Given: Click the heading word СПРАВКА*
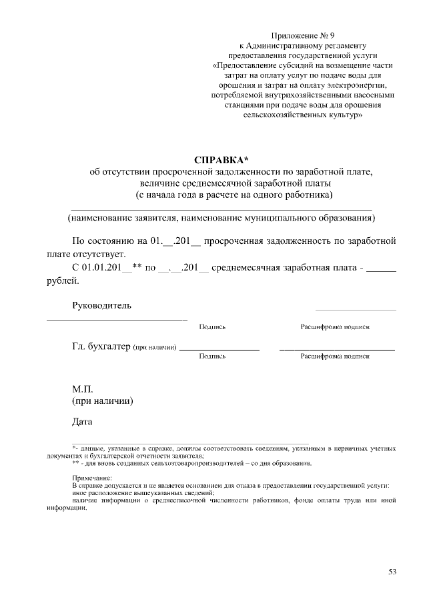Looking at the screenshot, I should pyautogui.click(x=220, y=160).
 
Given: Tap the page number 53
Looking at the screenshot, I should pyautogui.click(x=392, y=572).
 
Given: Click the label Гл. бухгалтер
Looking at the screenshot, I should pyautogui.click(x=100, y=346).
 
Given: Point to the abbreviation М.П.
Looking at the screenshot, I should pyautogui.click(x=83, y=388).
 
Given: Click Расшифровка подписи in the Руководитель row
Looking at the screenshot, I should pyautogui.click(x=335, y=327).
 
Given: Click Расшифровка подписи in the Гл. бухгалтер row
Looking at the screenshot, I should pyautogui.click(x=335, y=356).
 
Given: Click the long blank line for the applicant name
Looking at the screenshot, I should pyautogui.click(x=220, y=209).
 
